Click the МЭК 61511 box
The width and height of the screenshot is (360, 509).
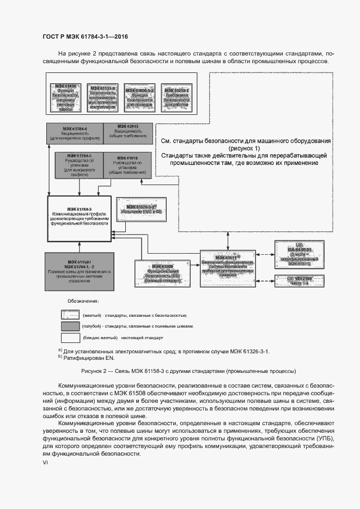pyautogui.click(x=228, y=265)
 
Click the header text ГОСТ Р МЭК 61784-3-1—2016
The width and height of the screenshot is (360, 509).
pyautogui.click(x=86, y=36)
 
